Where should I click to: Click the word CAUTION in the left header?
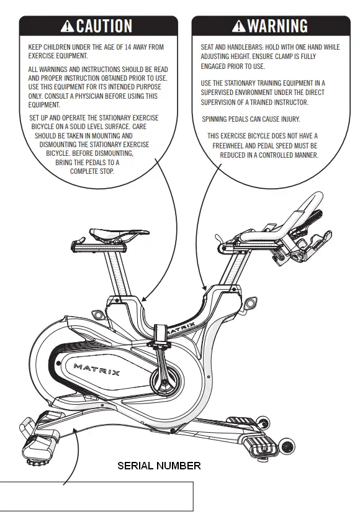tap(104, 26)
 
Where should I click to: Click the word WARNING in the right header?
tap(277, 26)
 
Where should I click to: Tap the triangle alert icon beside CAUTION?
tap(68, 26)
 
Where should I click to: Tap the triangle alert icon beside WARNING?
tap(239, 26)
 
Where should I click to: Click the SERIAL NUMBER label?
tap(159, 466)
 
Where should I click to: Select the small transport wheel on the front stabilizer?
tap(286, 446)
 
